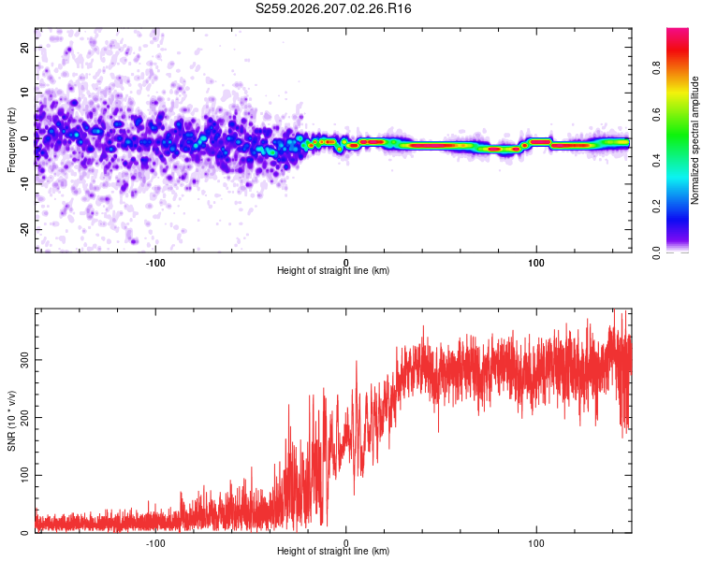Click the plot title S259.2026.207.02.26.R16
(333, 8)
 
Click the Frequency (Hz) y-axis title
(11, 140)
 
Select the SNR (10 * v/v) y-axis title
(11, 421)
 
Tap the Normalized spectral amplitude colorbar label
(695, 140)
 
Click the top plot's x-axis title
(333, 270)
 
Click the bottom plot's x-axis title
(333, 551)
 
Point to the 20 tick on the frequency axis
(24, 47)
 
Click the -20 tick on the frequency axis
(24, 229)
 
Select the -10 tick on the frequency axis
(24, 184)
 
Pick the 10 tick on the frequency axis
(24, 93)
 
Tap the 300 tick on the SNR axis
(24, 360)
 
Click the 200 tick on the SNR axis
(24, 417)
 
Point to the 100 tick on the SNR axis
(24, 475)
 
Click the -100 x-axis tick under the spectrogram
(155, 263)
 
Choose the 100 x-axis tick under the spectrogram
(536, 263)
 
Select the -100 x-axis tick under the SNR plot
(155, 543)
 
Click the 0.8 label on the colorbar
(656, 68)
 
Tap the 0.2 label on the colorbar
(656, 207)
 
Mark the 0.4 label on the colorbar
(656, 160)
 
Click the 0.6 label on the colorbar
(656, 114)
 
